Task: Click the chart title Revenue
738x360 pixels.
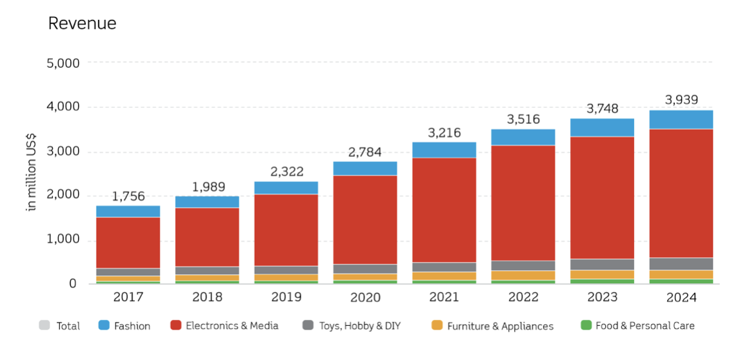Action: tap(83, 24)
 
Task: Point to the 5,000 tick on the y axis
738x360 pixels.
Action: tap(63, 63)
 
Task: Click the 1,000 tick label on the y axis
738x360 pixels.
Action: tap(63, 239)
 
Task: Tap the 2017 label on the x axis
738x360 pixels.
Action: tap(128, 297)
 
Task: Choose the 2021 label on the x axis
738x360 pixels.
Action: tap(444, 297)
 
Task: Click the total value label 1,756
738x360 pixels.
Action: tap(128, 196)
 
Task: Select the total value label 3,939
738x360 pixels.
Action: tap(681, 100)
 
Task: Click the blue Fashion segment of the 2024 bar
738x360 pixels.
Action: tap(681, 119)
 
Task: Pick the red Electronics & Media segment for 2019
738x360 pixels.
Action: tap(286, 230)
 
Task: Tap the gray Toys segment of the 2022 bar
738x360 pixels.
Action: tap(523, 265)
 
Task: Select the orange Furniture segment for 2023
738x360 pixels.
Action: tap(602, 274)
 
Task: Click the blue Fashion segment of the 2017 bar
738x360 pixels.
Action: tap(128, 211)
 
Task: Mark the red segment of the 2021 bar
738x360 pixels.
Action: tap(444, 210)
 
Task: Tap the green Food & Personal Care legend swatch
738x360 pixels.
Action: tap(586, 325)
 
